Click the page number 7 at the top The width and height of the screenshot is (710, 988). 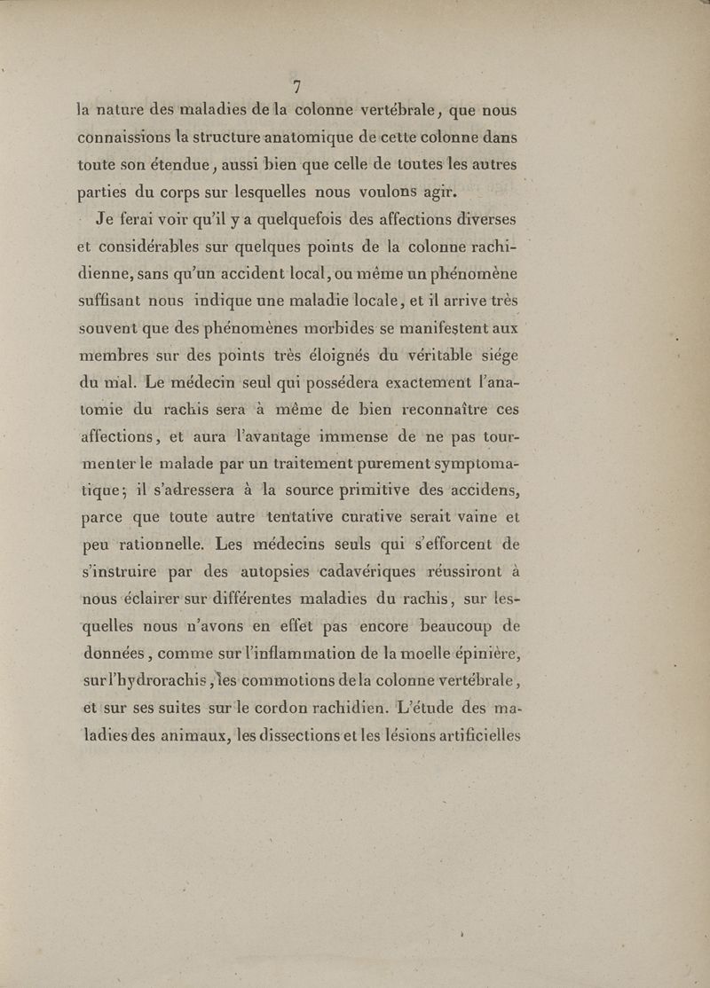click(x=297, y=86)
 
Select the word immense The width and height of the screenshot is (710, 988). click(x=353, y=437)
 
